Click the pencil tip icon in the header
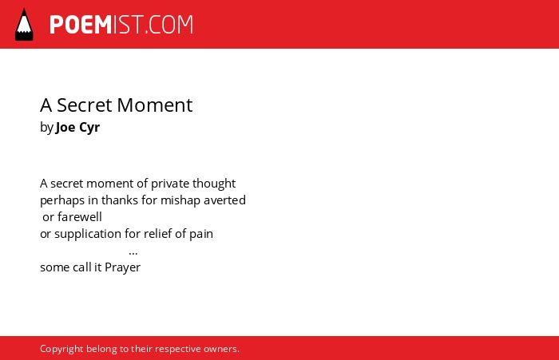coord(24,25)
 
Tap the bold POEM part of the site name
coord(81,25)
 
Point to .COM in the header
coord(169,25)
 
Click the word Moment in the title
coord(155,105)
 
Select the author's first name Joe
coord(65,127)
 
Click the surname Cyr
coord(89,128)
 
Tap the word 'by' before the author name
coord(46,128)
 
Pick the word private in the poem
coord(170,184)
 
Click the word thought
coord(214,184)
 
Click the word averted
coord(224,200)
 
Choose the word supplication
coord(88,234)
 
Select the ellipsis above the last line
coord(133,254)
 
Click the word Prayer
coord(123,267)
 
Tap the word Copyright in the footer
coord(61,349)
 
